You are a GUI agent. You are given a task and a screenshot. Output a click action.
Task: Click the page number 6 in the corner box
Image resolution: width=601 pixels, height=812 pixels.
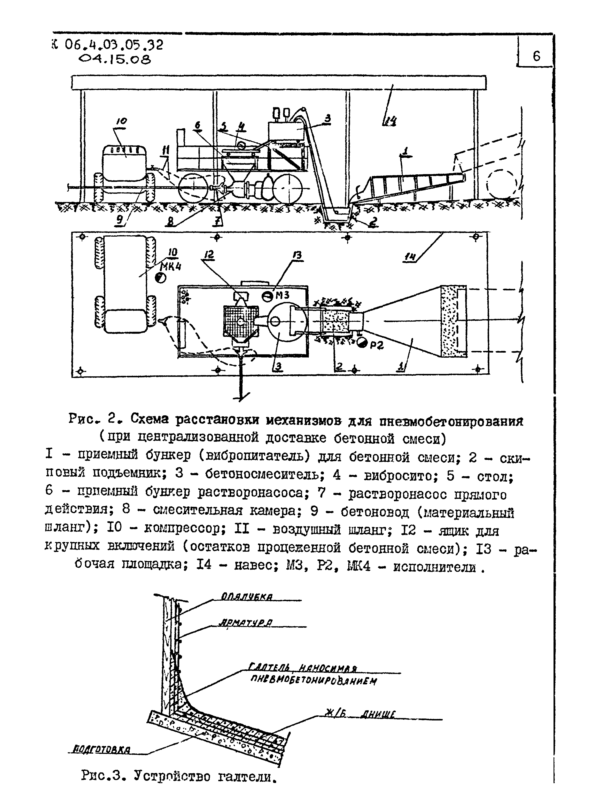tap(536, 56)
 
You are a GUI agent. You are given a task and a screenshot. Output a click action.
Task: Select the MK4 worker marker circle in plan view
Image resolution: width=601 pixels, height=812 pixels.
tap(160, 278)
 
